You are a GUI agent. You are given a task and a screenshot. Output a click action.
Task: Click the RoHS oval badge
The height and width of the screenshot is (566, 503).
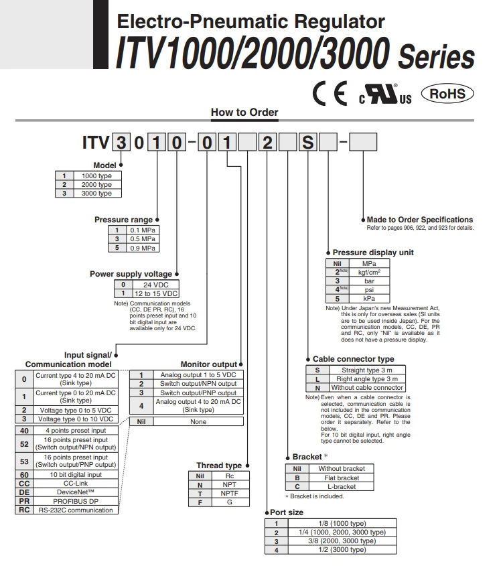pos(447,94)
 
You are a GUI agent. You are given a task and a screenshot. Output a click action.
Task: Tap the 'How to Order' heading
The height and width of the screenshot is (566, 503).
pos(244,113)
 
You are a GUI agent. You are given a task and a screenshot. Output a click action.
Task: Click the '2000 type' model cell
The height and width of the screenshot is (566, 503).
pos(96,184)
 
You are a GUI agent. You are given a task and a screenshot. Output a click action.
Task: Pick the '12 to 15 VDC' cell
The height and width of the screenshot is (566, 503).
pos(155,294)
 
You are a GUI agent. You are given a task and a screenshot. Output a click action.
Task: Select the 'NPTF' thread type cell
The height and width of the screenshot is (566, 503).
pos(229,493)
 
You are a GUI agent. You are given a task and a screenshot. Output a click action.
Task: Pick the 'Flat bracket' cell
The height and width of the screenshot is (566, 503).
pos(338,478)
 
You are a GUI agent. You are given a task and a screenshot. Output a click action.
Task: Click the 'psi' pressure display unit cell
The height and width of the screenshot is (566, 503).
pos(369,290)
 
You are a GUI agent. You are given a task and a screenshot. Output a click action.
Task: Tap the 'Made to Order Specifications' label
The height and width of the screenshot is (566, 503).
pos(420,220)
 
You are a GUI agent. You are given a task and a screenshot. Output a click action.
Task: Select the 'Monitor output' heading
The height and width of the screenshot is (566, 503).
pos(209,364)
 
